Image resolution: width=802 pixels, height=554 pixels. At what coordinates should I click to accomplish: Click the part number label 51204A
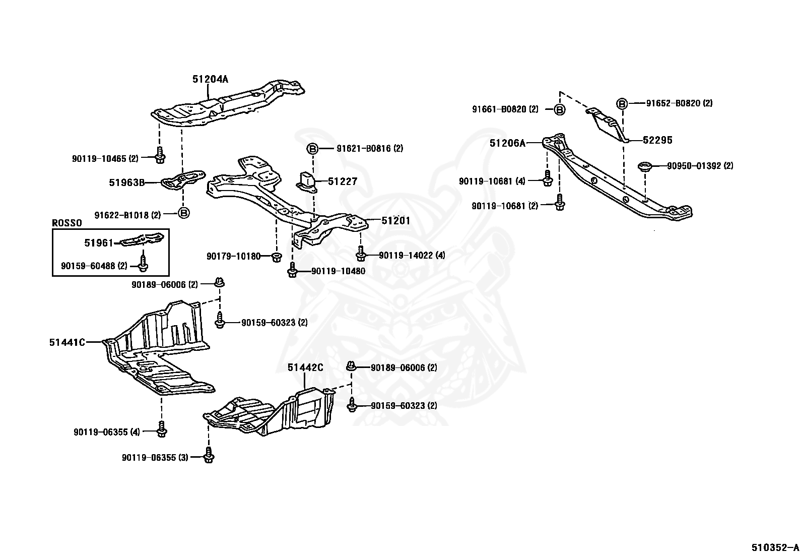210,79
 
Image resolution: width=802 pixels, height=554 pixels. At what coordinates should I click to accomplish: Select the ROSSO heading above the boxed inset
68,223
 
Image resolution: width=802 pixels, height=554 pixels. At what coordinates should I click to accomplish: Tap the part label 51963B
126,182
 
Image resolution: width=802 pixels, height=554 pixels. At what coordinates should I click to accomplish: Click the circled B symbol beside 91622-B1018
184,213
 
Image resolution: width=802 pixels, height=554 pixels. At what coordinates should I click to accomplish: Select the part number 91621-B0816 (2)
370,148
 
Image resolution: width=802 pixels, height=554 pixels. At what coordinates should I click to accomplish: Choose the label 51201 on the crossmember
395,221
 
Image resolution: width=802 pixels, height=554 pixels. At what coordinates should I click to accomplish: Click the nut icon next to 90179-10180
276,257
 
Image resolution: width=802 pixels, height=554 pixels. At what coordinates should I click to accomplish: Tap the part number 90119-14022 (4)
412,256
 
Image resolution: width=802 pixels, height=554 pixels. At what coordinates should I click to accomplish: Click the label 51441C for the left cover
67,342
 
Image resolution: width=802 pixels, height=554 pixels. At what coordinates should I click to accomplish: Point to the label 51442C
305,367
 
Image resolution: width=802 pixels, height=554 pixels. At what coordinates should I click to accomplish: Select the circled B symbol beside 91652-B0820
622,103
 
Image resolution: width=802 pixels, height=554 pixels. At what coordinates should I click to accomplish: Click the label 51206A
507,143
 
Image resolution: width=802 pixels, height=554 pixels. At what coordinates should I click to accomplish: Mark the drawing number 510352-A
775,547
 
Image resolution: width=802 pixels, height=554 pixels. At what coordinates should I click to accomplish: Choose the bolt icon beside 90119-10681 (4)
548,178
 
